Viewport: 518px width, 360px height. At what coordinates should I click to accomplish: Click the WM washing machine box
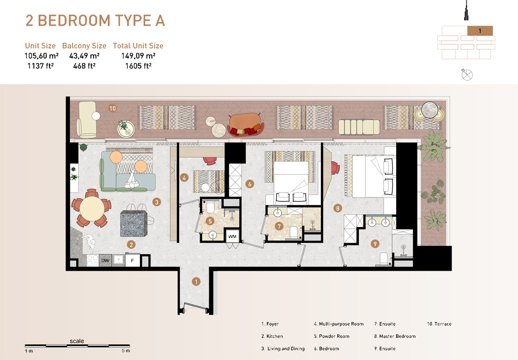[233, 237]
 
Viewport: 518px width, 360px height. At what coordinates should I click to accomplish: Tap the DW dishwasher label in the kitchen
[105, 261]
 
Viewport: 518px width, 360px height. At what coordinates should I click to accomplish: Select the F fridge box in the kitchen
[133, 261]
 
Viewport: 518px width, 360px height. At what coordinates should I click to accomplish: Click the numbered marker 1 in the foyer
[196, 281]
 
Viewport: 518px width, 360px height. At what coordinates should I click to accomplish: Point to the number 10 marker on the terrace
[113, 108]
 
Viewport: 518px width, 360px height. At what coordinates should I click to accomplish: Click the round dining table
[91, 209]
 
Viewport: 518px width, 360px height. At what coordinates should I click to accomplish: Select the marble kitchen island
[134, 223]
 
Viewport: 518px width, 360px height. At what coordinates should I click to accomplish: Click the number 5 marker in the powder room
[210, 221]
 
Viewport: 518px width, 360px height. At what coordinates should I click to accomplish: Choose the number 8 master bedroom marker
[338, 209]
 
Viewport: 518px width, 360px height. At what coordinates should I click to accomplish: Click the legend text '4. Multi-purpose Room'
[338, 324]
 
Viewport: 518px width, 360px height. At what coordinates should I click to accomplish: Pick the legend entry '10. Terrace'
[439, 324]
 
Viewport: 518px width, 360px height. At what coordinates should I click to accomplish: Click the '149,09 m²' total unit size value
[138, 56]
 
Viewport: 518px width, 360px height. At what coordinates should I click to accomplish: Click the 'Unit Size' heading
[40, 46]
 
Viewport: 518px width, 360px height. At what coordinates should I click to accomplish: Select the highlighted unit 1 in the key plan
[480, 31]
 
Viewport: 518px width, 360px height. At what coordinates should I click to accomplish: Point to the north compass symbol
[467, 74]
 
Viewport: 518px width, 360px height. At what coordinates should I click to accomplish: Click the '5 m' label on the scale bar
[126, 350]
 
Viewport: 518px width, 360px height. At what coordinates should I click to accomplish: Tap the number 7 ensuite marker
[279, 226]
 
